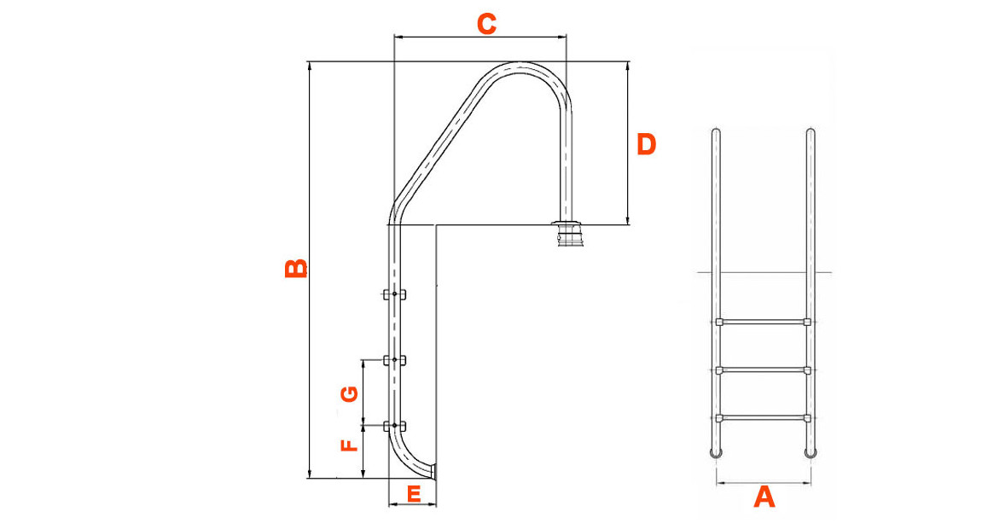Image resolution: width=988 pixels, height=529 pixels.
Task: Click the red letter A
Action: click(764, 496)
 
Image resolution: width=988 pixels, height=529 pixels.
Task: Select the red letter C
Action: click(486, 25)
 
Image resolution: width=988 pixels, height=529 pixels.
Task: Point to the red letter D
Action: click(647, 144)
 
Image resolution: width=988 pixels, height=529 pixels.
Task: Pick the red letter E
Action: click(413, 493)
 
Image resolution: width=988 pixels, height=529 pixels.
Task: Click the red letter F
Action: click(348, 445)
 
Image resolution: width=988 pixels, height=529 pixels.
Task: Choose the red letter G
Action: click(348, 393)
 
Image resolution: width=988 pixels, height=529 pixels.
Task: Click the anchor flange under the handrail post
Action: click(567, 235)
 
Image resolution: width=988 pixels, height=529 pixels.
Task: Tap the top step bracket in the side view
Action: click(394, 295)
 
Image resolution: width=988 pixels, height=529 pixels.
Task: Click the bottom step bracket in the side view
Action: click(394, 426)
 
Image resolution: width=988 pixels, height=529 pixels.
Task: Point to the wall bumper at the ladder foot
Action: click(433, 469)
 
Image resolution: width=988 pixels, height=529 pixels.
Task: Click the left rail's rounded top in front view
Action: click(715, 131)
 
